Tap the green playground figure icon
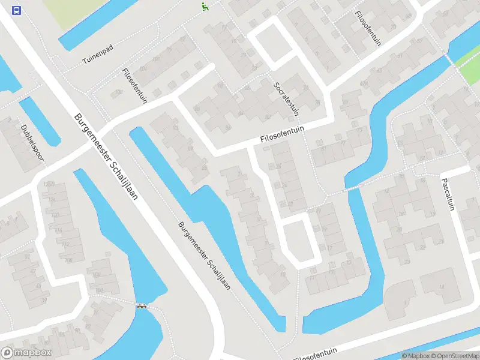coord(205,7)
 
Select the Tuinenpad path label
coord(98,55)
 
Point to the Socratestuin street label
coord(287,99)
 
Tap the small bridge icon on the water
coord(142,307)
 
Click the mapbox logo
coord(26,353)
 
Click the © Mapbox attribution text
coord(416,356)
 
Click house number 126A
coord(49,184)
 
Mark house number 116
coord(59,230)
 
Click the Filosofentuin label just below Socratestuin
coord(283,133)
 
